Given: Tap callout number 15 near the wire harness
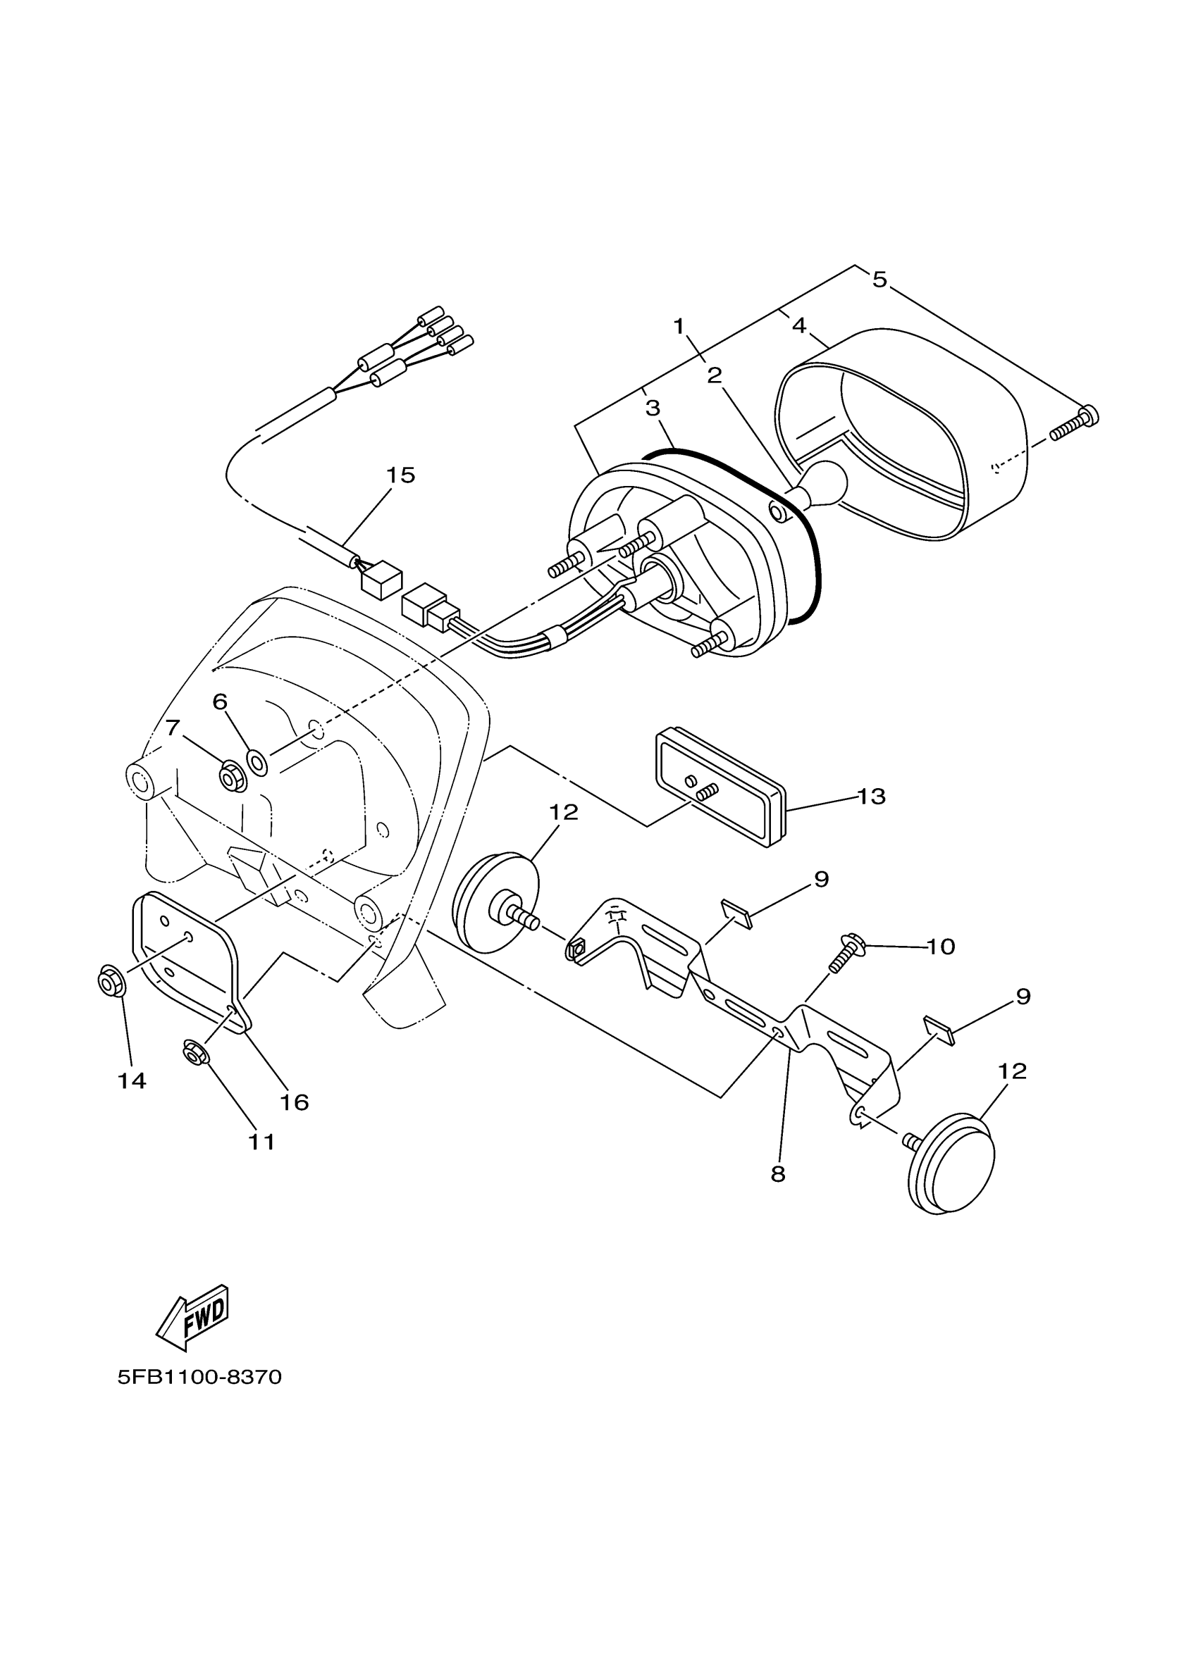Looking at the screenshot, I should (400, 475).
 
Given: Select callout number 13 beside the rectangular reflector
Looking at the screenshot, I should (870, 797).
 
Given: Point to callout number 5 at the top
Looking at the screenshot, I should (879, 279).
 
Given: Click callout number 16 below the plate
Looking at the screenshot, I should (294, 1103).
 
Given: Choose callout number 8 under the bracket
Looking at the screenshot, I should (777, 1174).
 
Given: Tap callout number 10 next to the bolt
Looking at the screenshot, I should (941, 947).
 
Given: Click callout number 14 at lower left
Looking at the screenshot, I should (132, 1081).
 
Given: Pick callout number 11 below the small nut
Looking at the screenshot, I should (261, 1142).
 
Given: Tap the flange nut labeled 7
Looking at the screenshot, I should (233, 777).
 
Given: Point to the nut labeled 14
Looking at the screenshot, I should (111, 984).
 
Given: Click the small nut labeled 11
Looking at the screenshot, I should (193, 1052).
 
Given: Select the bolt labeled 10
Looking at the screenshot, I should (846, 955).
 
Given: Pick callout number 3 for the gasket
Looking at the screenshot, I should (652, 408).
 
